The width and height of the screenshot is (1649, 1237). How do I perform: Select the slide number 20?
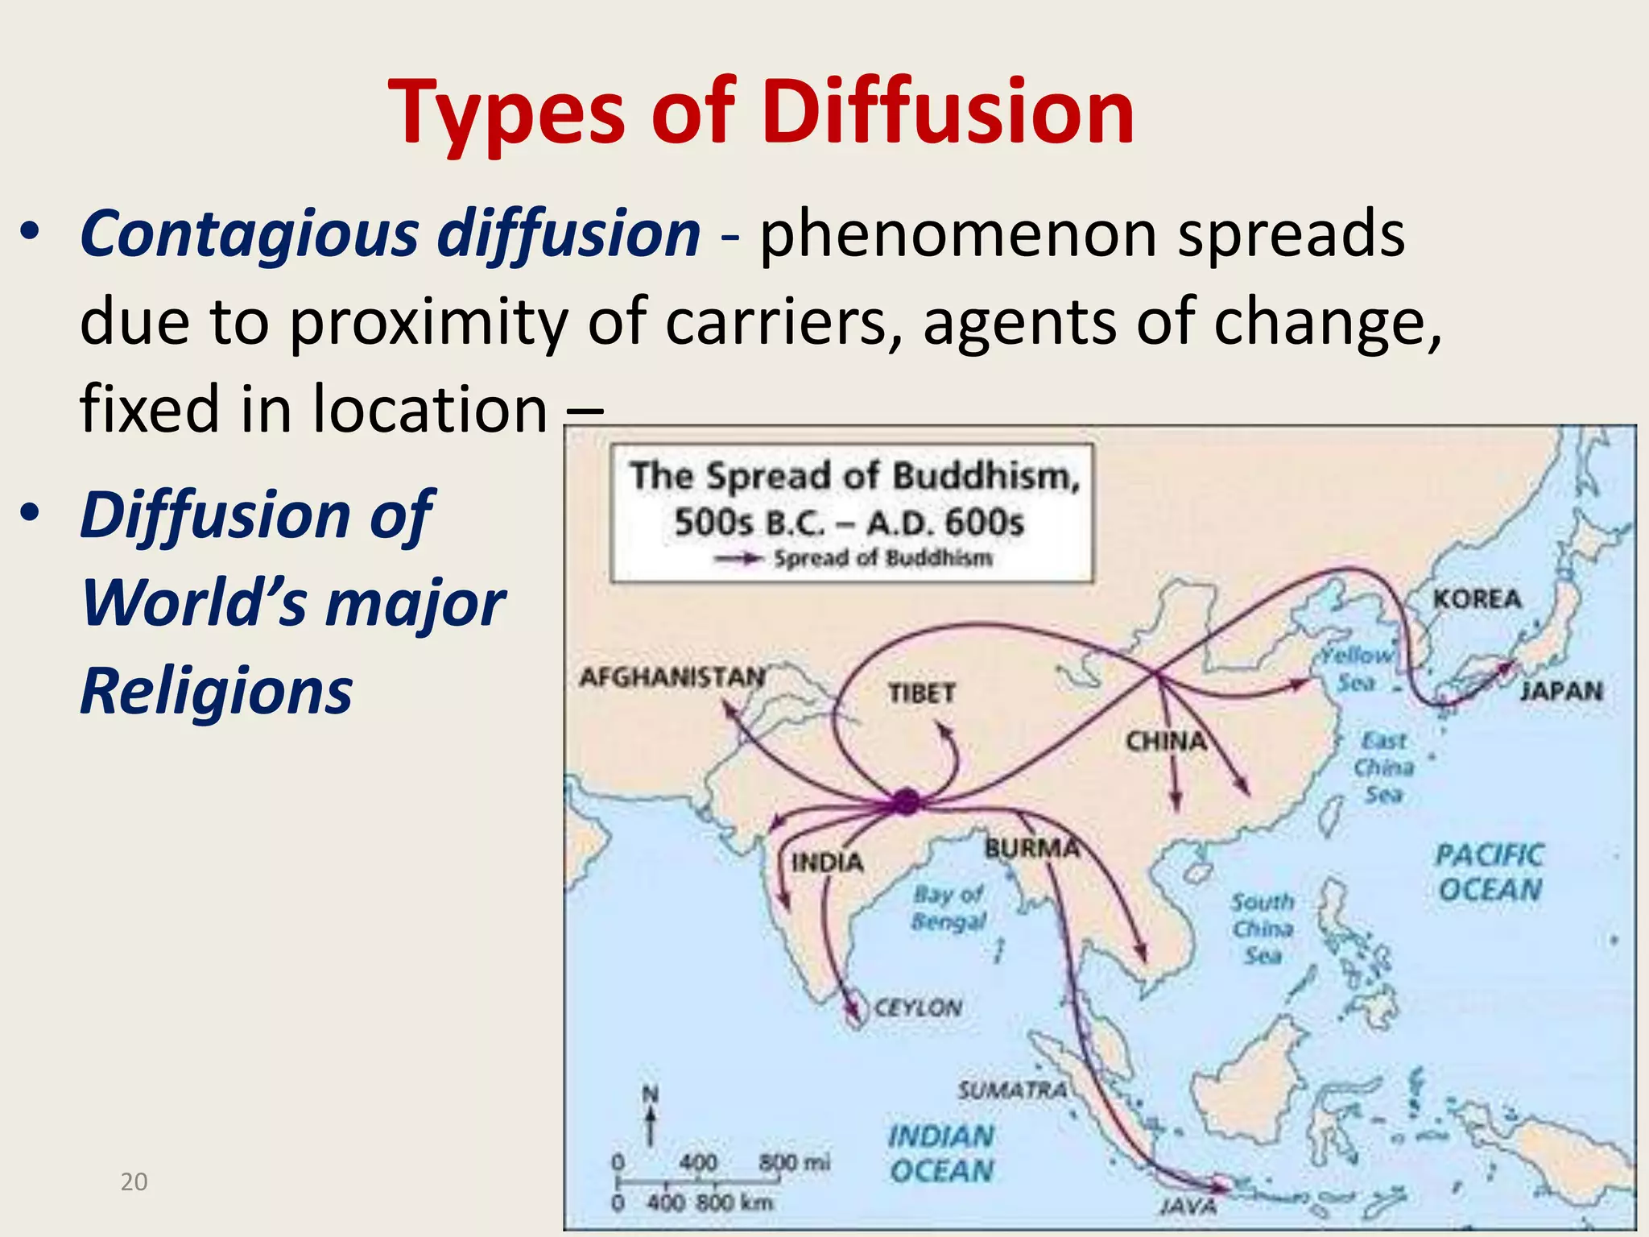(x=134, y=1181)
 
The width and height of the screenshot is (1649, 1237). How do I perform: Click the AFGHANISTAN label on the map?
(x=672, y=677)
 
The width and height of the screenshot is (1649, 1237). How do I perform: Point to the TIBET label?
(x=921, y=693)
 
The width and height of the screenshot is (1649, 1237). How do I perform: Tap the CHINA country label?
(x=1165, y=741)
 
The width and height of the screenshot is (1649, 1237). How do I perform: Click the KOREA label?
(x=1477, y=599)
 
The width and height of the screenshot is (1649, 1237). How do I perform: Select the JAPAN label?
(x=1561, y=691)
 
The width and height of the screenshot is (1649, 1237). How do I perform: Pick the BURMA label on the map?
(x=1031, y=848)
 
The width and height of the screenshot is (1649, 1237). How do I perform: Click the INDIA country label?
(x=827, y=863)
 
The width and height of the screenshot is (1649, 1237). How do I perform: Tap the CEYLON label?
(x=917, y=1007)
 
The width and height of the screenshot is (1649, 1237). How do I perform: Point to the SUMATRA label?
(x=1012, y=1090)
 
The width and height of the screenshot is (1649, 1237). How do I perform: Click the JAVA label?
(x=1188, y=1206)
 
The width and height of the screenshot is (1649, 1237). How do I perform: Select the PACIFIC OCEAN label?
(x=1490, y=872)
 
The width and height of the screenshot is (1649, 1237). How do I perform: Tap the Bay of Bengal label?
(x=948, y=908)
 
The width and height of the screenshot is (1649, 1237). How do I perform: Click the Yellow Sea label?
(x=1358, y=668)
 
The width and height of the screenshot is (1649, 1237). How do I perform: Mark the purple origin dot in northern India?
(x=906, y=801)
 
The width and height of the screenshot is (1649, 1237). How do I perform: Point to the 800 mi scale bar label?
(x=795, y=1162)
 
